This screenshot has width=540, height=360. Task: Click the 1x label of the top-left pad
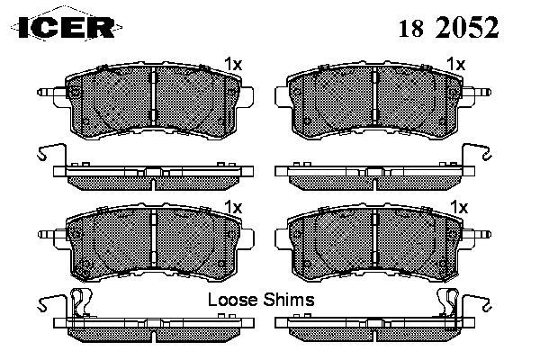click(x=233, y=64)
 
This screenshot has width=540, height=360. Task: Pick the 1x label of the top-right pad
click(x=456, y=64)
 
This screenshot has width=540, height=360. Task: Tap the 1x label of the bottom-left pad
click(x=233, y=207)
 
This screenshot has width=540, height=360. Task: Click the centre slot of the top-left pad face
click(x=154, y=96)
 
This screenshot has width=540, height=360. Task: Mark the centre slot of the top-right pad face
click(x=377, y=96)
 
